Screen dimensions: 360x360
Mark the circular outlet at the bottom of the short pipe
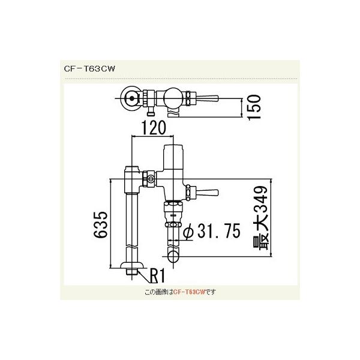(173, 257)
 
